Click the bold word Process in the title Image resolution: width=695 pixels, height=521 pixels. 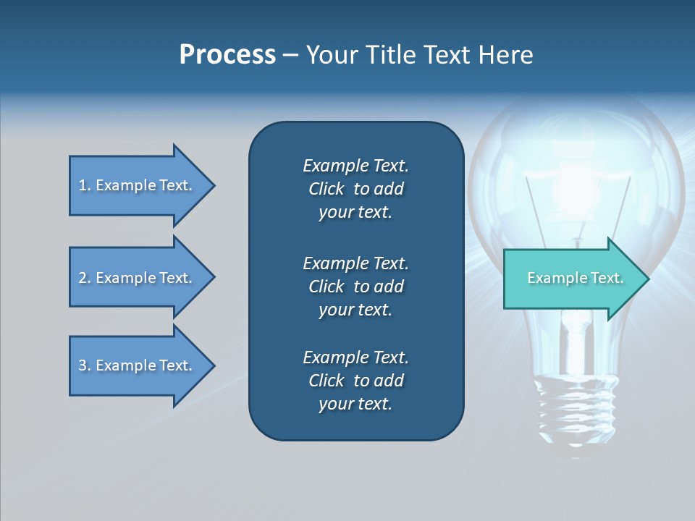[x=227, y=55]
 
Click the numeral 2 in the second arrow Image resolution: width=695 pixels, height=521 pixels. [x=83, y=278]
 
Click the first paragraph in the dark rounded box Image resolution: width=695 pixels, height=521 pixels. [x=355, y=189]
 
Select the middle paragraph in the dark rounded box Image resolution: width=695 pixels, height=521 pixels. [x=355, y=287]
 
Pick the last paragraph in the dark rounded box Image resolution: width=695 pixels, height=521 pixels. [x=355, y=381]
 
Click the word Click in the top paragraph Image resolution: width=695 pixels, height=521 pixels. [x=326, y=189]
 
